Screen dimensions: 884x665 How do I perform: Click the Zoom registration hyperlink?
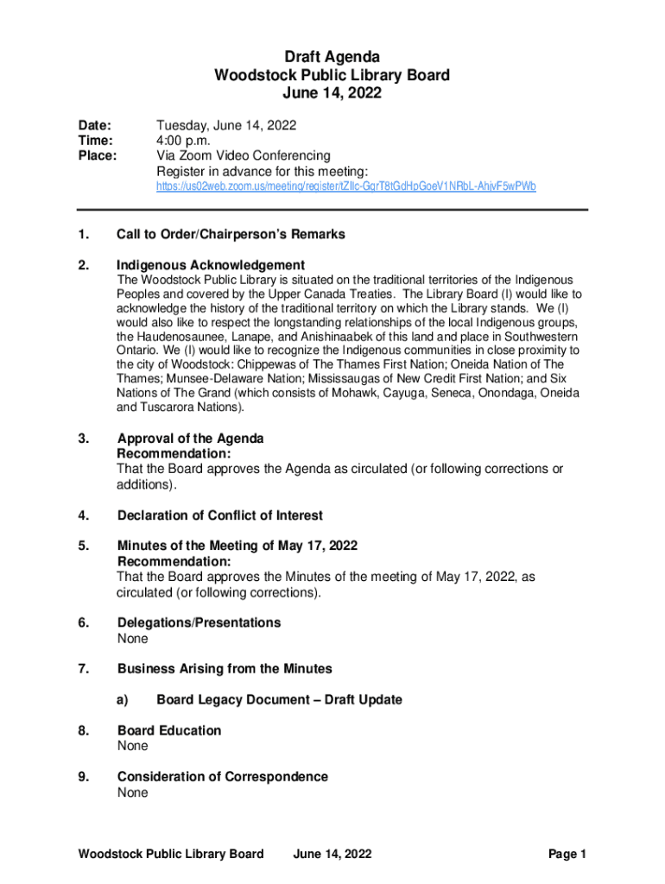coord(345,186)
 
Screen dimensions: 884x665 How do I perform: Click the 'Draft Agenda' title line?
coord(332,58)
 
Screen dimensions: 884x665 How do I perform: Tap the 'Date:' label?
coord(94,125)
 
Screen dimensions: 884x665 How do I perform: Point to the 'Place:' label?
coord(98,156)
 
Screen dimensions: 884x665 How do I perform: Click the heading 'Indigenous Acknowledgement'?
coord(211,265)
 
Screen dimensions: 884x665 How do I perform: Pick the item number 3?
coord(83,439)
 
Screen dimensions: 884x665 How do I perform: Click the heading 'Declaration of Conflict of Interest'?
coord(220,515)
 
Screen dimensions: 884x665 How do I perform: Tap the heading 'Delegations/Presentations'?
coord(199,622)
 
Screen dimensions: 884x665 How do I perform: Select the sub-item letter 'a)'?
coord(123,699)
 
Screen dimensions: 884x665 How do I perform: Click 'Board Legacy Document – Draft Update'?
coord(279,699)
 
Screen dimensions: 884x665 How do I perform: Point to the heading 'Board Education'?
coord(169,730)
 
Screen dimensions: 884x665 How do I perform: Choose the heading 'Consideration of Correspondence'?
coord(223,777)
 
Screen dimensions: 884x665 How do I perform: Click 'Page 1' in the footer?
coord(567,855)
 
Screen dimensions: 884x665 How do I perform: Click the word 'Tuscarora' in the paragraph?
coord(169,407)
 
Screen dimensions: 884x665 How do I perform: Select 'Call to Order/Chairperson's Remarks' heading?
coord(231,234)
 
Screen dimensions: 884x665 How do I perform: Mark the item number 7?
coord(83,669)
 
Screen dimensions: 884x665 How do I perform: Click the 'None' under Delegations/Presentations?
coord(133,639)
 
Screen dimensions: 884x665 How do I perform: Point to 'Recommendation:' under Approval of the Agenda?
coord(174,453)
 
